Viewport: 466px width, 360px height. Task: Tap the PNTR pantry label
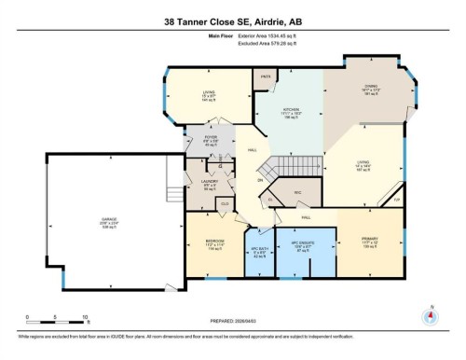pos(266,76)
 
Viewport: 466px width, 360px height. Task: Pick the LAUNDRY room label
pos(210,181)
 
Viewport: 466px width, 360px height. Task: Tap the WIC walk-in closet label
pos(299,192)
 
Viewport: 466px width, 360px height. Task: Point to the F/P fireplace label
pos(395,201)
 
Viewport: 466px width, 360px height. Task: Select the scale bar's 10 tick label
pos(85,318)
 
